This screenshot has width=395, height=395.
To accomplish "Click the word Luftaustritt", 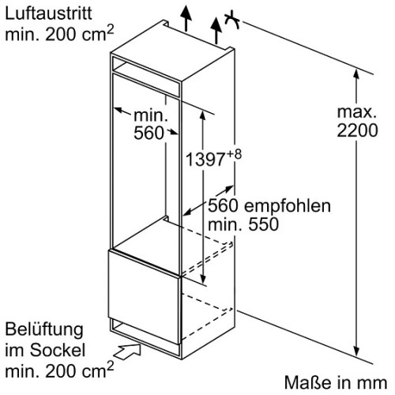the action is [48, 13].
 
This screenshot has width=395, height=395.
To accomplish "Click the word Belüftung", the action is [44, 330].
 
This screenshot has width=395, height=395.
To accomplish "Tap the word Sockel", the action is [57, 350].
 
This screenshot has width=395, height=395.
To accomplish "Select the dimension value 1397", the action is [205, 160].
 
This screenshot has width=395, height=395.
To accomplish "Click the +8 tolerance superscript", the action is [234, 154].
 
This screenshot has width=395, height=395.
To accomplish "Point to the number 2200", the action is [357, 130].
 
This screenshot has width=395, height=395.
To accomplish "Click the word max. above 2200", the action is [357, 112].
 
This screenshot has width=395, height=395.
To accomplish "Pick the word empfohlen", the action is [288, 205].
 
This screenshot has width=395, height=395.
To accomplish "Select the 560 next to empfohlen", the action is [224, 205].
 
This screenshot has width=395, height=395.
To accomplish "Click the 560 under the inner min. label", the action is [149, 133].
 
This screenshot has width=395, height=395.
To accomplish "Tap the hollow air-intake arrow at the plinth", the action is [128, 352].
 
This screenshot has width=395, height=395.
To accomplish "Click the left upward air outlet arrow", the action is [186, 17].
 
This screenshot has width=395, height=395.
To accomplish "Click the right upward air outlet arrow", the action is [216, 30].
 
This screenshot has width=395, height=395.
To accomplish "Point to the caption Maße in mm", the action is [336, 382].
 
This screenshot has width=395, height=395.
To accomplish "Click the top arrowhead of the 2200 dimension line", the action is [356, 74].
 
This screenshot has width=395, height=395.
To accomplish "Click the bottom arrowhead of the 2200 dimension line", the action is [356, 351].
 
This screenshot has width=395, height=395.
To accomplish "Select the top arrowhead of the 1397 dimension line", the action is [202, 116].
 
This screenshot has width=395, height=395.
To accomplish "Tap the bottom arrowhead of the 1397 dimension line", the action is [202, 278].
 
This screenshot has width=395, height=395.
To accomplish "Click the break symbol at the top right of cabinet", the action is [231, 20].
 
